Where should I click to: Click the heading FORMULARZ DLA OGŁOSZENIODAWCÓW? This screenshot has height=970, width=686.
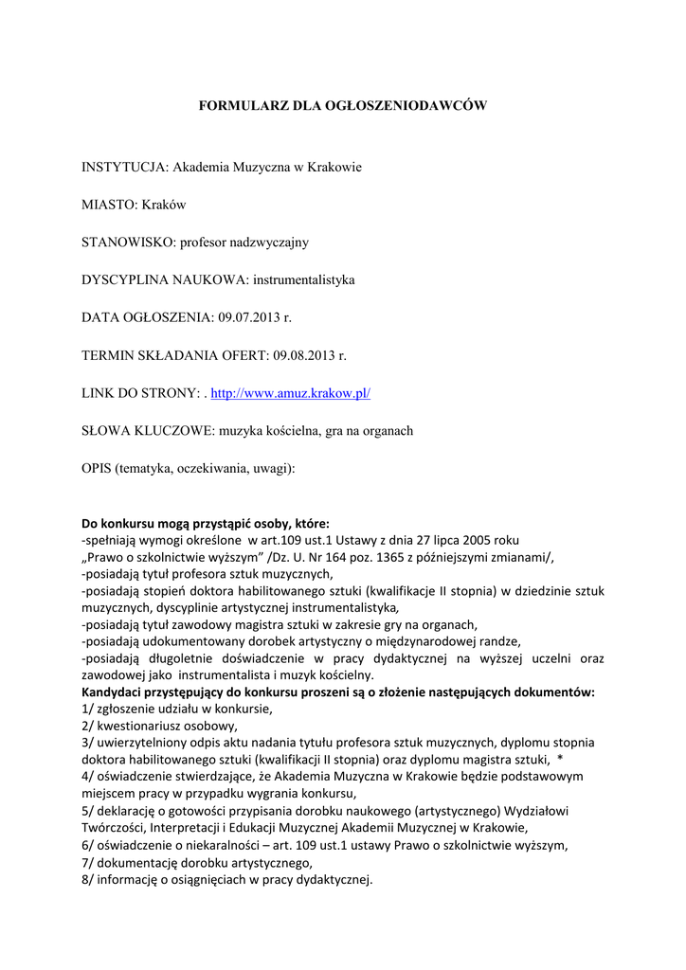point(342,106)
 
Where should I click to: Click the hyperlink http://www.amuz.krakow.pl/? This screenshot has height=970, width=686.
point(290,392)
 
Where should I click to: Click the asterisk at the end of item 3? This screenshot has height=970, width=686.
point(560,759)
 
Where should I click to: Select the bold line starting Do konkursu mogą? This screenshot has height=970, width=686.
point(206,523)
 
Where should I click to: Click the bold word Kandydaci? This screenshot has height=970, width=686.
point(117,692)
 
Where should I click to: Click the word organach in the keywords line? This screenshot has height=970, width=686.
point(383,430)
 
